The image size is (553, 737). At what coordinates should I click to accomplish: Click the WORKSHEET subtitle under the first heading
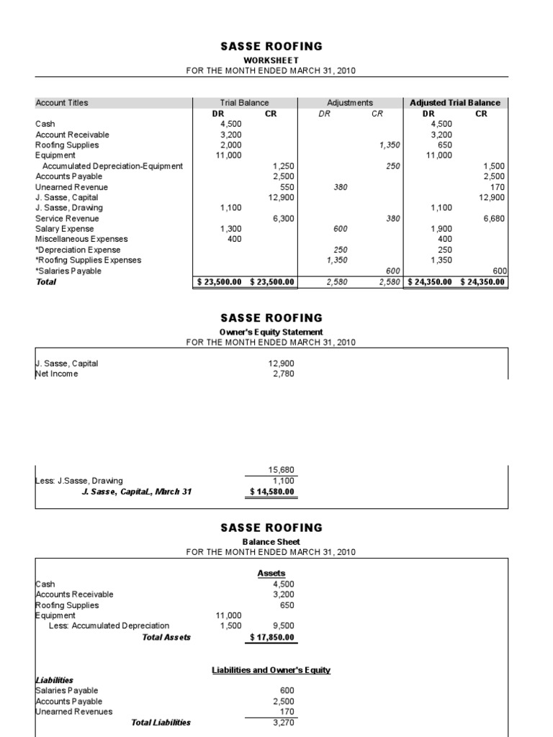271,60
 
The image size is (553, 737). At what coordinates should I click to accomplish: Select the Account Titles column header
62,103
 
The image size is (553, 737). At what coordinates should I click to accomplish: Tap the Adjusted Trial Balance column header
455,103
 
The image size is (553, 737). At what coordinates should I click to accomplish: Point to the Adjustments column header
350,103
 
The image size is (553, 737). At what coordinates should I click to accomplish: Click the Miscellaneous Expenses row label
81,239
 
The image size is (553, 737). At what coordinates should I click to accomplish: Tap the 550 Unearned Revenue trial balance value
287,186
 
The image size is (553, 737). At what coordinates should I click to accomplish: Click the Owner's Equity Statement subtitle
271,332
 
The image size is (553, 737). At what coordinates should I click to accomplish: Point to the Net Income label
57,374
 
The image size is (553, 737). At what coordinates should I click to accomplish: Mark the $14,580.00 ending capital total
272,492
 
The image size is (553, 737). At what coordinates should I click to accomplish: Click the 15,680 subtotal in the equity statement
281,470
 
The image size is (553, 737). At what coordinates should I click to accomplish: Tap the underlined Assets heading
271,573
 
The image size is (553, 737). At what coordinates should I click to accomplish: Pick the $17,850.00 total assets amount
272,637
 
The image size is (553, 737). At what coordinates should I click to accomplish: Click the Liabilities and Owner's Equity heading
271,670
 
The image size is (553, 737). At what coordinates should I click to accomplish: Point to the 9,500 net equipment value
283,626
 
